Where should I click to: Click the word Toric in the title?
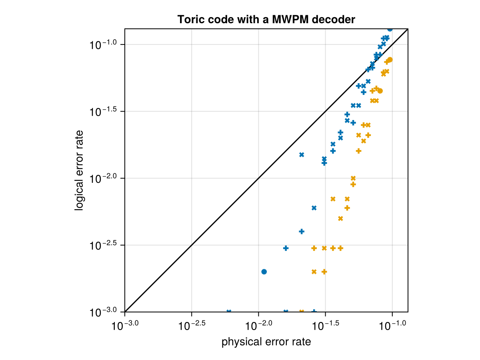(x=189, y=19)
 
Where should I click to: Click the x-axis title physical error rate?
(x=266, y=342)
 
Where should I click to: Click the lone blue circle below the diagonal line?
(x=264, y=272)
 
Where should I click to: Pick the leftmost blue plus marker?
(x=286, y=248)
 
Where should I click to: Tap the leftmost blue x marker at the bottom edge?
(x=229, y=312)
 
